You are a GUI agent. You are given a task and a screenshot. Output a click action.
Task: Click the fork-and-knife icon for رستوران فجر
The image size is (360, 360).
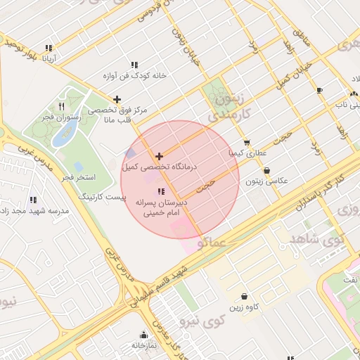click(x=62, y=107)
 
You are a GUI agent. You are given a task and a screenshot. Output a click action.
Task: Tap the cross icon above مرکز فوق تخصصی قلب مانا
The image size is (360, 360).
click(x=117, y=99)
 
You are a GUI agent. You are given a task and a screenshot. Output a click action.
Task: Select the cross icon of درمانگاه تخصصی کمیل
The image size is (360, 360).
click(x=160, y=156)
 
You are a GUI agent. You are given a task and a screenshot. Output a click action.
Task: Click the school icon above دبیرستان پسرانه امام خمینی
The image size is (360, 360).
click(x=161, y=191)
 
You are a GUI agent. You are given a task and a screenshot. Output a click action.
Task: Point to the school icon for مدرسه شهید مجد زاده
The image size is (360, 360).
click(x=34, y=200)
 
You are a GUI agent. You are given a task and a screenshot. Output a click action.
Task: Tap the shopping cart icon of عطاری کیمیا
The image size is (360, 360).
click(x=246, y=142)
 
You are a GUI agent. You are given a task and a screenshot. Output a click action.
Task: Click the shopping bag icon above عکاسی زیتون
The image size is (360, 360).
click(x=266, y=170)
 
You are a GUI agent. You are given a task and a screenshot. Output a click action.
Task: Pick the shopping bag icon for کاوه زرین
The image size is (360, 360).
click(x=243, y=297)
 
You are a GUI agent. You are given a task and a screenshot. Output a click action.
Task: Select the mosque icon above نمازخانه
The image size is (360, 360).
click(x=144, y=335)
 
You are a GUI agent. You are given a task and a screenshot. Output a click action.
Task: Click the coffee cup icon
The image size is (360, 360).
click(x=320, y=91)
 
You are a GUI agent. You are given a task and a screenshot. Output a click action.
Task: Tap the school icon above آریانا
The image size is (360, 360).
click(x=49, y=49)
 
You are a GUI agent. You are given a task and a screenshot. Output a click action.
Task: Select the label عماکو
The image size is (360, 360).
click(x=211, y=244)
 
